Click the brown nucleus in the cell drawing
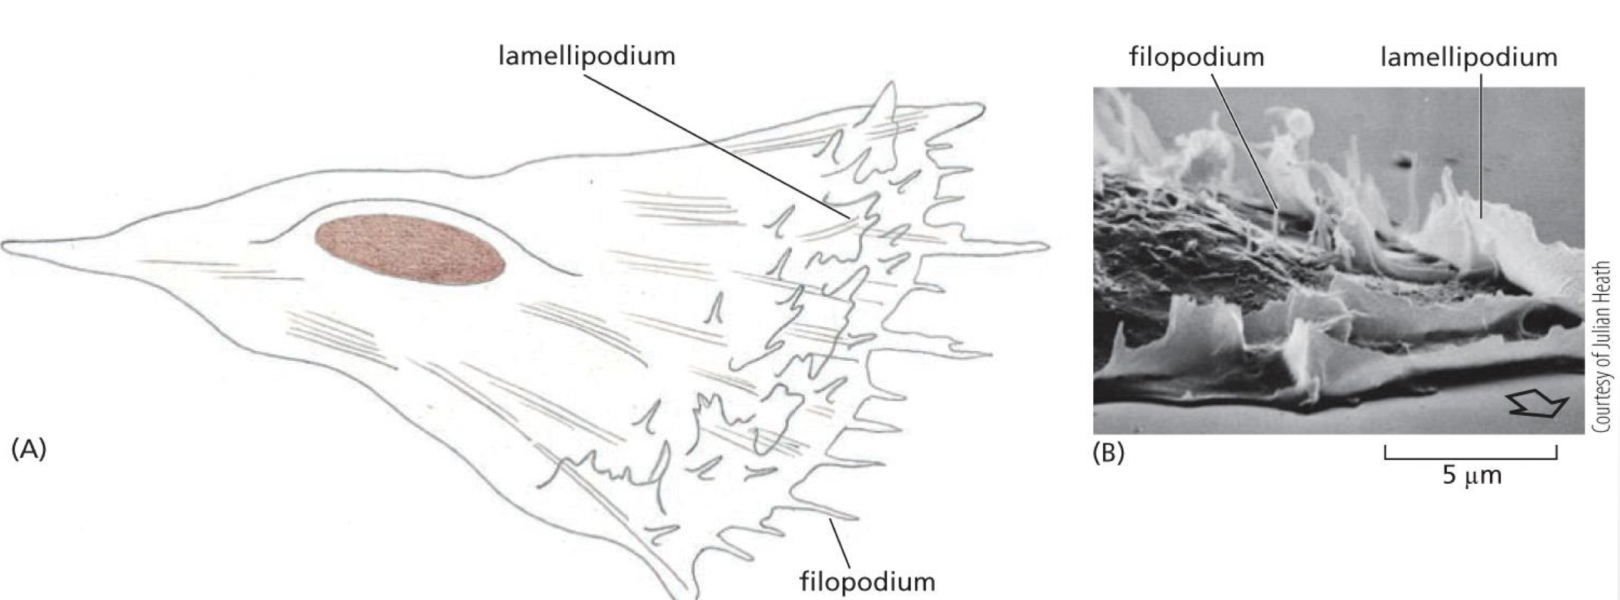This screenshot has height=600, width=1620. [x=409, y=249]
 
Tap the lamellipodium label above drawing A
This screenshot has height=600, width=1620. [x=587, y=57]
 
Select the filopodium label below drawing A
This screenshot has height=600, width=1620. [x=867, y=582]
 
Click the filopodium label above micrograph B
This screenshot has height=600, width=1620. [x=1196, y=57]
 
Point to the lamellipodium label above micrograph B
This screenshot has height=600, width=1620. [x=1468, y=57]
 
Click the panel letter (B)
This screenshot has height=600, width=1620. [x=1108, y=453]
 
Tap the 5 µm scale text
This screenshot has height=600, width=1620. [x=1472, y=475]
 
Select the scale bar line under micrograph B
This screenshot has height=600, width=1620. [x=1471, y=457]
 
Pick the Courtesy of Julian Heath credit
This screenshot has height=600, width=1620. [x=1602, y=346]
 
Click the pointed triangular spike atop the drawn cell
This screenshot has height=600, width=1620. [x=889, y=95]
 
